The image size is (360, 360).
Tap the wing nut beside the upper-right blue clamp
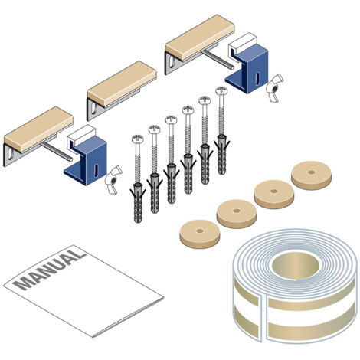click(274, 88)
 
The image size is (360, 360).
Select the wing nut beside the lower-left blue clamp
click(113, 180)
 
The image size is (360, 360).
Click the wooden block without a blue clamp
click(122, 83)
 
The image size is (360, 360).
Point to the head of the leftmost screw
click(138, 139)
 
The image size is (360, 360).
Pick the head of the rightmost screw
click(221, 91)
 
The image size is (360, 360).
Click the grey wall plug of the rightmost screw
click(221, 154)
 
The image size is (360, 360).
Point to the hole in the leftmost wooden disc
click(200, 231)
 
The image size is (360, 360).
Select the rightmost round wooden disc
click(311, 175)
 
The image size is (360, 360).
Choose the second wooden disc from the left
click(237, 214)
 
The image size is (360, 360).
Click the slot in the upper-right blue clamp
click(257, 79)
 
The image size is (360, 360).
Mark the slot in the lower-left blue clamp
click(96, 171)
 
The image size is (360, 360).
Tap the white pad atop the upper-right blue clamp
click(243, 44)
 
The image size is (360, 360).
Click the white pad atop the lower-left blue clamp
click(81, 136)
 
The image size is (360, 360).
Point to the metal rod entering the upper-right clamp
click(218, 60)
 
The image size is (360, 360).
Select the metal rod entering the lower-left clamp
click(56, 152)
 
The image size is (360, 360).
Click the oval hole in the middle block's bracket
click(93, 107)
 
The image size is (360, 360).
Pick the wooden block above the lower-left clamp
click(39, 129)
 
